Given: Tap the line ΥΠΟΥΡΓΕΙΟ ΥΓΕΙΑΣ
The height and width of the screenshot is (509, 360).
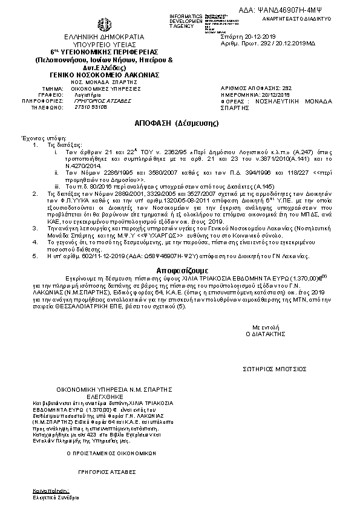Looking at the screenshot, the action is (x=104, y=45).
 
